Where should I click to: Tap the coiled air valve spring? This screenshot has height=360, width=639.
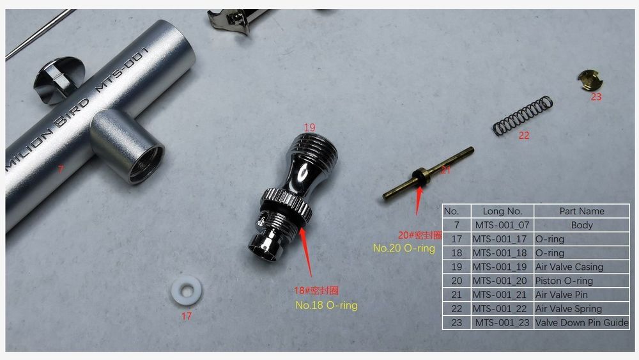[523, 116]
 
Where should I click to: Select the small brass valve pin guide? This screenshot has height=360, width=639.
[590, 81]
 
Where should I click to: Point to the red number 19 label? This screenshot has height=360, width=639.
[310, 127]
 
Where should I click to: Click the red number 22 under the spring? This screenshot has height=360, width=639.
[524, 136]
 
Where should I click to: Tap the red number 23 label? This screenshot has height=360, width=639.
[596, 97]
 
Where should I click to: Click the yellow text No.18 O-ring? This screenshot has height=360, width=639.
[326, 305]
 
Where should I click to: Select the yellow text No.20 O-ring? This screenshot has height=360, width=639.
[404, 248]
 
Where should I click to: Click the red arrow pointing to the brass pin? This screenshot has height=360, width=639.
[418, 200]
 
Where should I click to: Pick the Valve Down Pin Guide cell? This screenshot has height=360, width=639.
[581, 322]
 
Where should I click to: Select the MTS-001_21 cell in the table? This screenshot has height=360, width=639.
[502, 295]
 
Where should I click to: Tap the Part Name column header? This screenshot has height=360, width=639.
[581, 211]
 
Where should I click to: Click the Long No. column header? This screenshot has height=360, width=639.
[502, 211]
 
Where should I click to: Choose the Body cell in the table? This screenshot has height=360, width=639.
[581, 225]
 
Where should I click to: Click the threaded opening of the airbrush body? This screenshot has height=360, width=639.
[145, 166]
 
